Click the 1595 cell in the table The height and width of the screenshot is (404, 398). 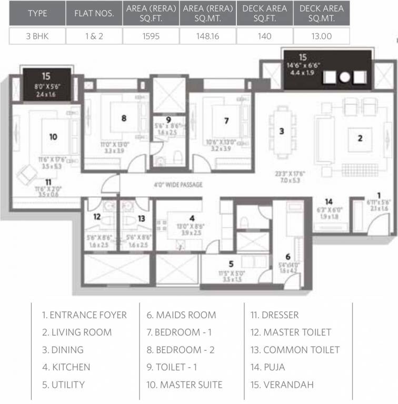tap(151, 36)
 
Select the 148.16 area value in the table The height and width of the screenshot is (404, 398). tap(208, 36)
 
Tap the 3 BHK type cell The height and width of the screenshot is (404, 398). tap(37, 36)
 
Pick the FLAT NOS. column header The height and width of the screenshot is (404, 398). tap(94, 13)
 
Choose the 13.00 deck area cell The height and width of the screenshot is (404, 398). tap(322, 36)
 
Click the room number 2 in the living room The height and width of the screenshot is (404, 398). tap(360, 139)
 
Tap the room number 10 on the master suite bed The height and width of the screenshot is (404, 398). tap(53, 137)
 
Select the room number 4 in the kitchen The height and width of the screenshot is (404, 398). tap(192, 217)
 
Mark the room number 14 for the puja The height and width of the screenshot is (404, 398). tap(329, 201)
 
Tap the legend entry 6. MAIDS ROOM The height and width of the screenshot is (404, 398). tap(181, 315)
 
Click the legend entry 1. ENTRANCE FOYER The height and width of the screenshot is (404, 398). tap(84, 315)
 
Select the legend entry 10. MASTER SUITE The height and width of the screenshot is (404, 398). tap(184, 385)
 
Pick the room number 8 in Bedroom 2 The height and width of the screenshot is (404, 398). tap(124, 118)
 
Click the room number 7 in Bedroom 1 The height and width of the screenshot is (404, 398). tap(226, 120)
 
